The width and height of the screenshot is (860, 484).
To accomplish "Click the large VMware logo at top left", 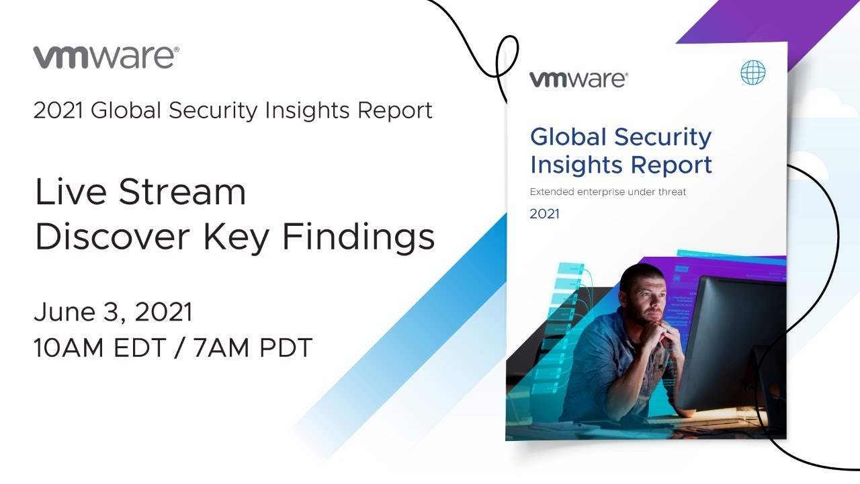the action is point(106,57).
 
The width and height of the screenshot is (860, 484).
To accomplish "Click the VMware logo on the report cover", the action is point(578,79).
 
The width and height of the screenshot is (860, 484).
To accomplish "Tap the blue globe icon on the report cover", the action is point(752,72).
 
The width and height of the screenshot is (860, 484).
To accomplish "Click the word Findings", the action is point(359,238).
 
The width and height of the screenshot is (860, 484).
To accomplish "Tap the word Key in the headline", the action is point(236,238).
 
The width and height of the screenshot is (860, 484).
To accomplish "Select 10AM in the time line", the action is point(69,348).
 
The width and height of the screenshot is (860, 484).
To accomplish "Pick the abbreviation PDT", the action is point(286,348).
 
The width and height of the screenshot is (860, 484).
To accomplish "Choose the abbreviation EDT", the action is point(139,348).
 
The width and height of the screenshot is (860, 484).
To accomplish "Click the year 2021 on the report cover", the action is point(544,214).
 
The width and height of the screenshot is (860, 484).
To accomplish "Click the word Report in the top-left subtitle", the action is point(394,111).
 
